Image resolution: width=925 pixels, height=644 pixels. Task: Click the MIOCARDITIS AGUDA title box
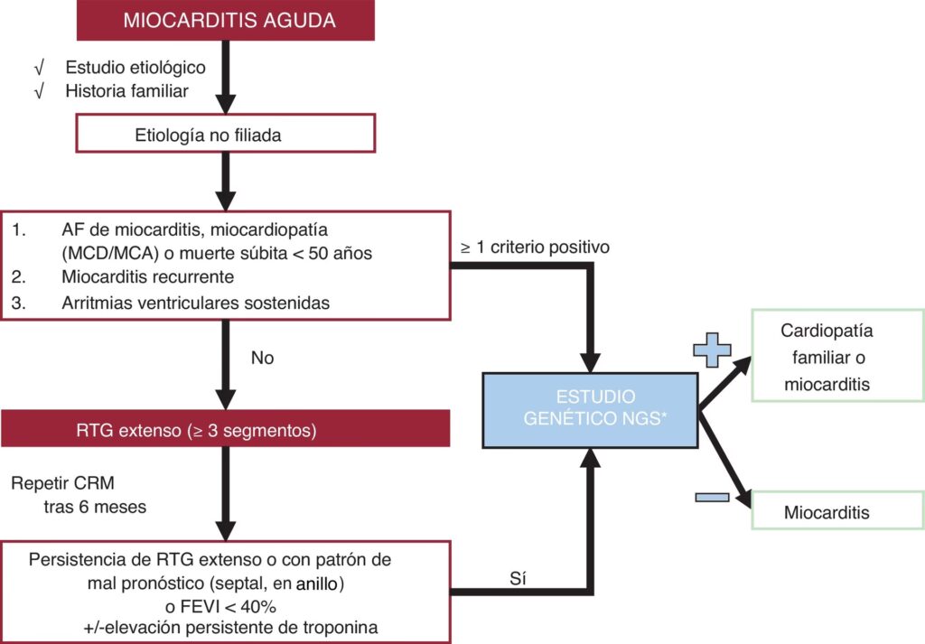pos(228,20)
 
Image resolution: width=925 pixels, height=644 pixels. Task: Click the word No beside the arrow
pos(263,358)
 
